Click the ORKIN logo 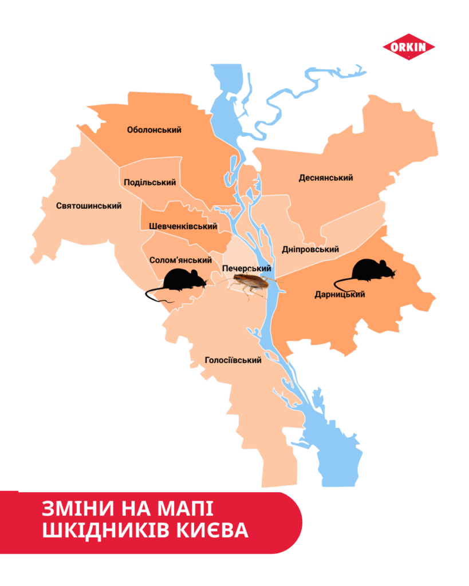coord(408,48)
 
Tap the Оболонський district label coord(154,130)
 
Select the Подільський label coord(150,183)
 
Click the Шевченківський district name coord(183,227)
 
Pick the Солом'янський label coord(180,260)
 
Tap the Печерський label coord(246,269)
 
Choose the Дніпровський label coord(310,250)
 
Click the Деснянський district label coord(326,178)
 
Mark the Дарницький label coord(340,295)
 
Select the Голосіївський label coord(233,360)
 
